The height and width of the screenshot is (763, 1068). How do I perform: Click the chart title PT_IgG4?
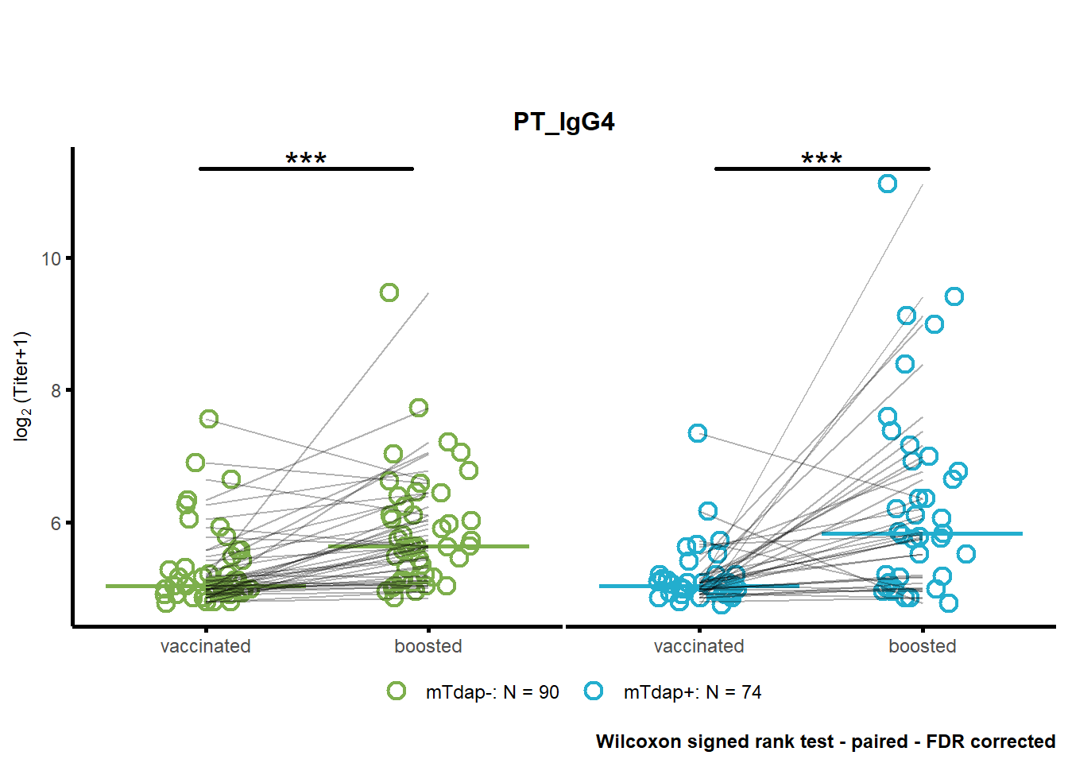pos(563,122)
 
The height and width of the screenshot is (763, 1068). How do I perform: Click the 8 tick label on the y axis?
pos(56,391)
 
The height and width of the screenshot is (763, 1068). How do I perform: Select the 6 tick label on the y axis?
pos(56,524)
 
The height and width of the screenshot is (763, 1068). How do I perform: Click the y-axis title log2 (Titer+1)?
pos(22,386)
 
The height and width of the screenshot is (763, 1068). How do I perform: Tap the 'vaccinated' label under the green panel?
pos(206,646)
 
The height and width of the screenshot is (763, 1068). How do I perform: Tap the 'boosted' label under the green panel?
pos(428,646)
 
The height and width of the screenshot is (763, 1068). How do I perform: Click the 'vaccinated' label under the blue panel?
pos(699,646)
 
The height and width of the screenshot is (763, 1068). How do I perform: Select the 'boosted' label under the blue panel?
pos(922,646)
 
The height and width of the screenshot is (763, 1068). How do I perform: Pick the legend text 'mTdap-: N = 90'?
pos(492,692)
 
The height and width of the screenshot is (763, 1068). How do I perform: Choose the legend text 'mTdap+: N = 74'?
pos(692,692)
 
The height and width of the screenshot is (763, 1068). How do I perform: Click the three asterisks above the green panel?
pos(306,158)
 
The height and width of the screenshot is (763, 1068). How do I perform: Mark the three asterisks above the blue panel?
pos(822,158)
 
